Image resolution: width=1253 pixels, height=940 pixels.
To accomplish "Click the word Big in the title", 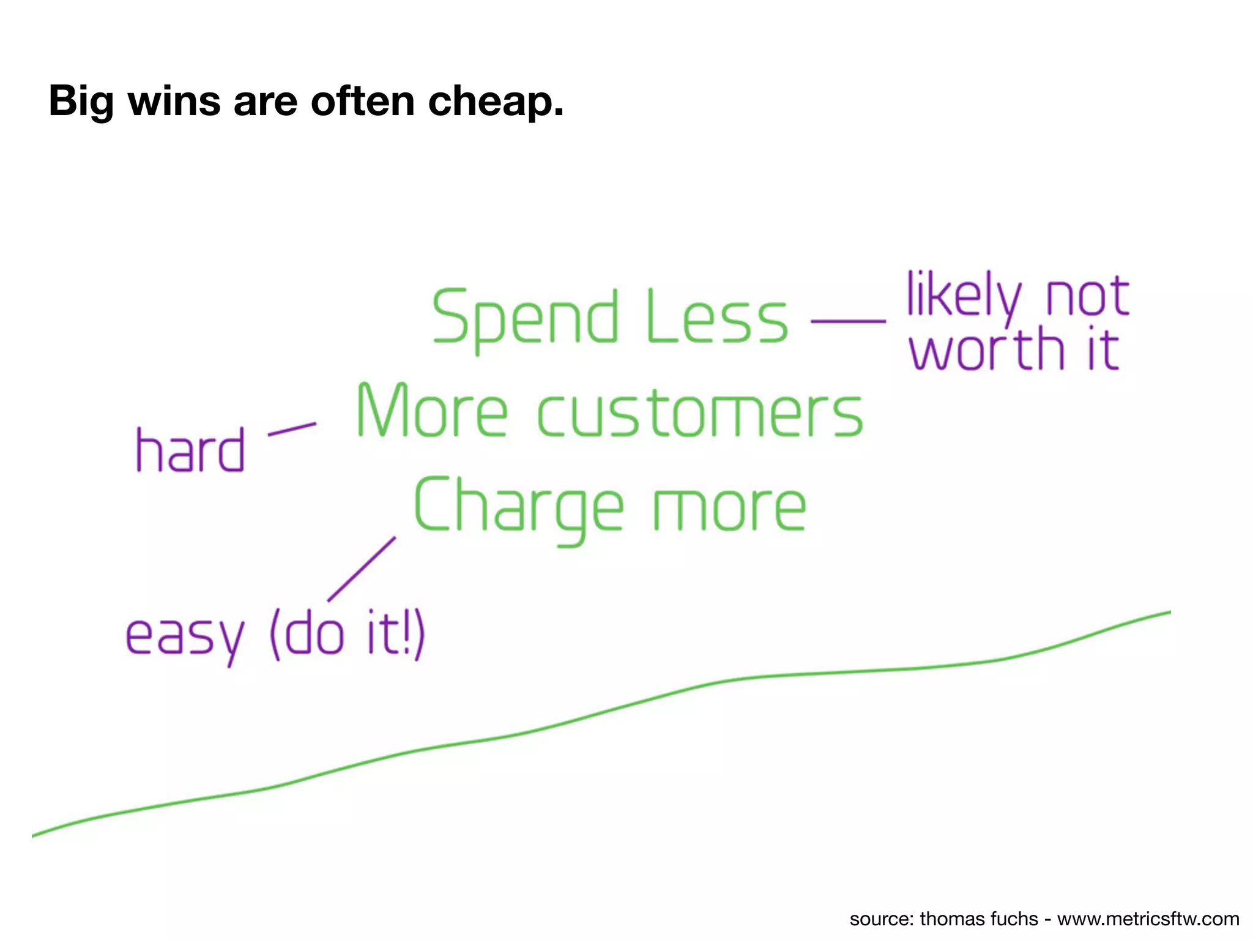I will tap(81, 102).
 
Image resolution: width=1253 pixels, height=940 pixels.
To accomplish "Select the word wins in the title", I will tap(174, 102).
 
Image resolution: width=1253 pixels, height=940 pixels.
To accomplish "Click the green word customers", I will tap(700, 414).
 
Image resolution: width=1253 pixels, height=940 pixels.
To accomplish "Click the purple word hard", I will tap(190, 450).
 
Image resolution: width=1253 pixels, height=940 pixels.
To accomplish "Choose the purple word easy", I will tap(185, 636).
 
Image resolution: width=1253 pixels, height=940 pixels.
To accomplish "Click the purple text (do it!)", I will tap(346, 634).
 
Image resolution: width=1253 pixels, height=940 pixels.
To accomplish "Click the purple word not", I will tap(1087, 297).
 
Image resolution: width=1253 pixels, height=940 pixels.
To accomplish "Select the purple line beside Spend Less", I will tap(848, 321).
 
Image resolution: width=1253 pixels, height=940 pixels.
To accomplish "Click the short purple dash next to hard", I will tap(292, 429).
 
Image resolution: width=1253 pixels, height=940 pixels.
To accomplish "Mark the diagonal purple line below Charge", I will tap(362, 569).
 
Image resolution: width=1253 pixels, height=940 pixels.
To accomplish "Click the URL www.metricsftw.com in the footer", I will tap(1148, 919).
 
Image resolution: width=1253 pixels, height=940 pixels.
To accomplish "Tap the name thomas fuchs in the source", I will tap(979, 919).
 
